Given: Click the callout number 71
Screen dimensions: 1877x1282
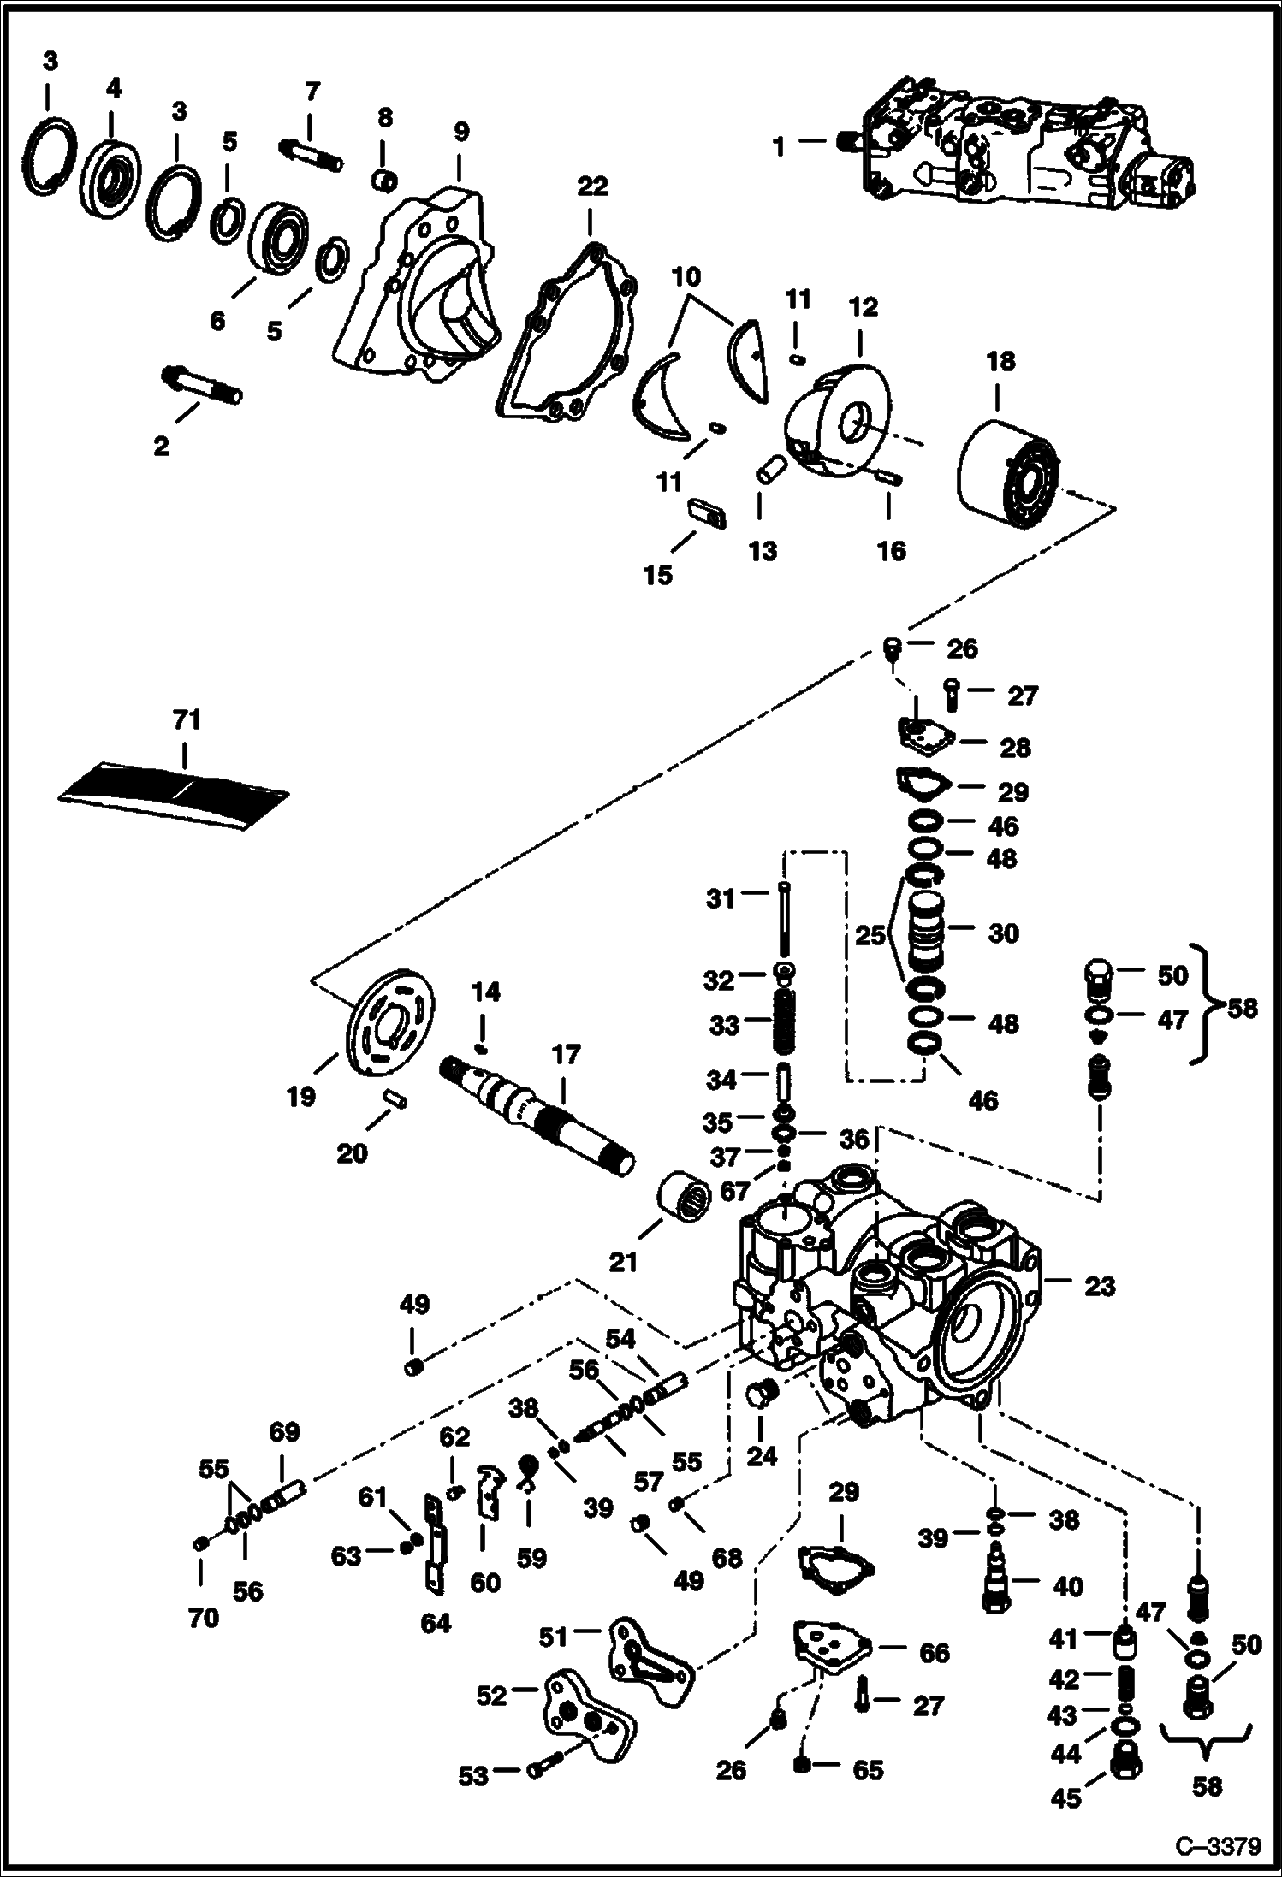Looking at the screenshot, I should [187, 719].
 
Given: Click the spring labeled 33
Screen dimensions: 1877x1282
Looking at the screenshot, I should [786, 1022].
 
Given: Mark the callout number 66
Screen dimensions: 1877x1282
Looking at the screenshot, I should [933, 1652].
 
